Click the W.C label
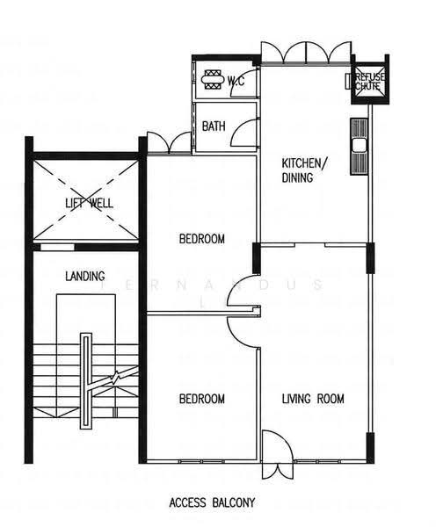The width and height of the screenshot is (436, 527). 236,81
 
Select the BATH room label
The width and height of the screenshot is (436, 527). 214,126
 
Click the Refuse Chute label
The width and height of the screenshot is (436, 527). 370,82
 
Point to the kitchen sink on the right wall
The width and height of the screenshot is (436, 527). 359,146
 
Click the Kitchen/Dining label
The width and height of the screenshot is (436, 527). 304,170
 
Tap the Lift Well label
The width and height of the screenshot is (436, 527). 89,204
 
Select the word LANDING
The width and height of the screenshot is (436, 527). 84,277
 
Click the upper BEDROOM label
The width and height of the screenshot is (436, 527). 202,239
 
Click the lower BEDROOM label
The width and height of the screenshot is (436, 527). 202,399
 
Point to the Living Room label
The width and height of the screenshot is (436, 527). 313,399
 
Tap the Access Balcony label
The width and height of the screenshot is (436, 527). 212,503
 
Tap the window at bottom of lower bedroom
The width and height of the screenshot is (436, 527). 201,462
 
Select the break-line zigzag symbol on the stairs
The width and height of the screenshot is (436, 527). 115,378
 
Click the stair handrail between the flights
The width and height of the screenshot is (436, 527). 85,381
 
